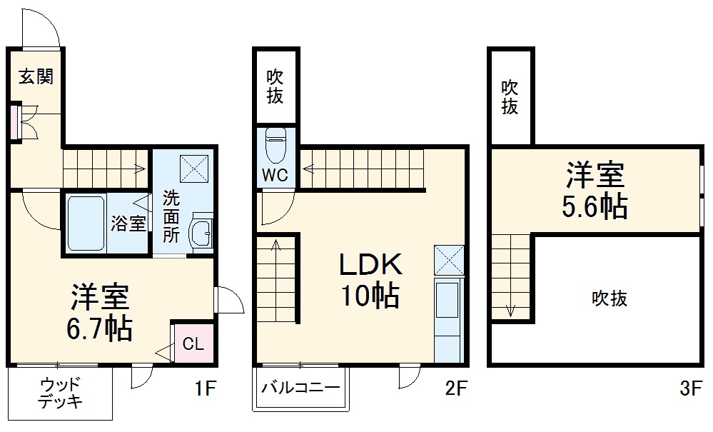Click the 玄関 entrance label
[35, 77]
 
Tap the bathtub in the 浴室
[86, 222]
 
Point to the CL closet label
[193, 344]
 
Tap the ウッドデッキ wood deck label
[60, 393]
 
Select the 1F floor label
[205, 389]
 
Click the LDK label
[371, 266]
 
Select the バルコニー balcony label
[300, 389]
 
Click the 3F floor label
[692, 389]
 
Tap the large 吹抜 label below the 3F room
[610, 298]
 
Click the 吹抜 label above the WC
[275, 86]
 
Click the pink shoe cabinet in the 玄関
[14, 123]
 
